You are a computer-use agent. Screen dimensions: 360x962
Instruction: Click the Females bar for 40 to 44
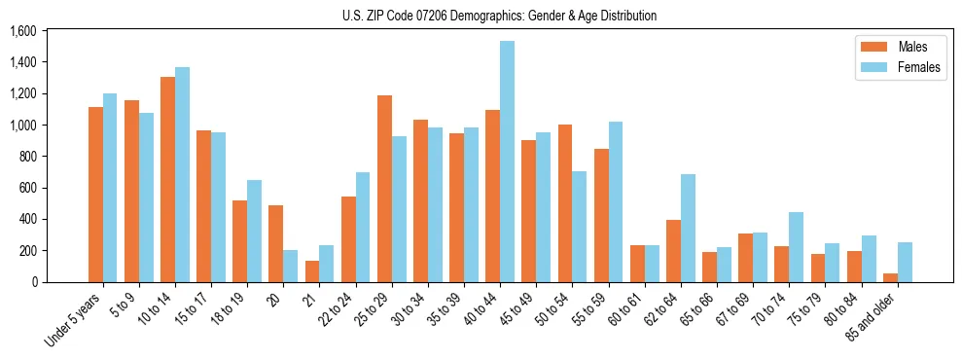pyautogui.click(x=507, y=162)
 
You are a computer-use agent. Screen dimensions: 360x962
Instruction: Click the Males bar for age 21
pyautogui.click(x=312, y=271)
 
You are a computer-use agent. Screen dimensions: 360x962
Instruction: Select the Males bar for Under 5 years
pyautogui.click(x=95, y=195)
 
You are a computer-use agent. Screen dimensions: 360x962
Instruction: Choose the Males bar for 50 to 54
pyautogui.click(x=564, y=203)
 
